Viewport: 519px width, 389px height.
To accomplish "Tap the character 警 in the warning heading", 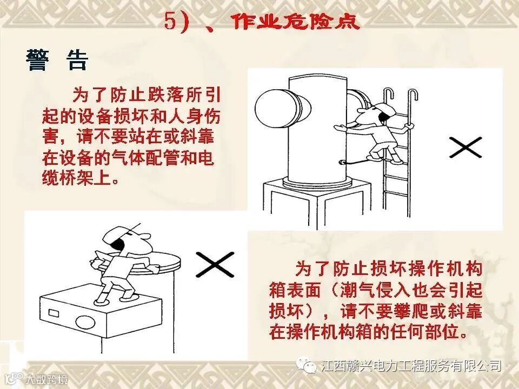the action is tap(38, 61).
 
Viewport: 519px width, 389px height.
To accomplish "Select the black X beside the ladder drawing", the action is tap(465, 147).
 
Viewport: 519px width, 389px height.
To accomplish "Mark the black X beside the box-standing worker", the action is tap(215, 264).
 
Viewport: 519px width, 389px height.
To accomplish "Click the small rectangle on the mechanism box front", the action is tap(54, 313).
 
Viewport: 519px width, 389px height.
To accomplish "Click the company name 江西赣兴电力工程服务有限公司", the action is tap(410, 366).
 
